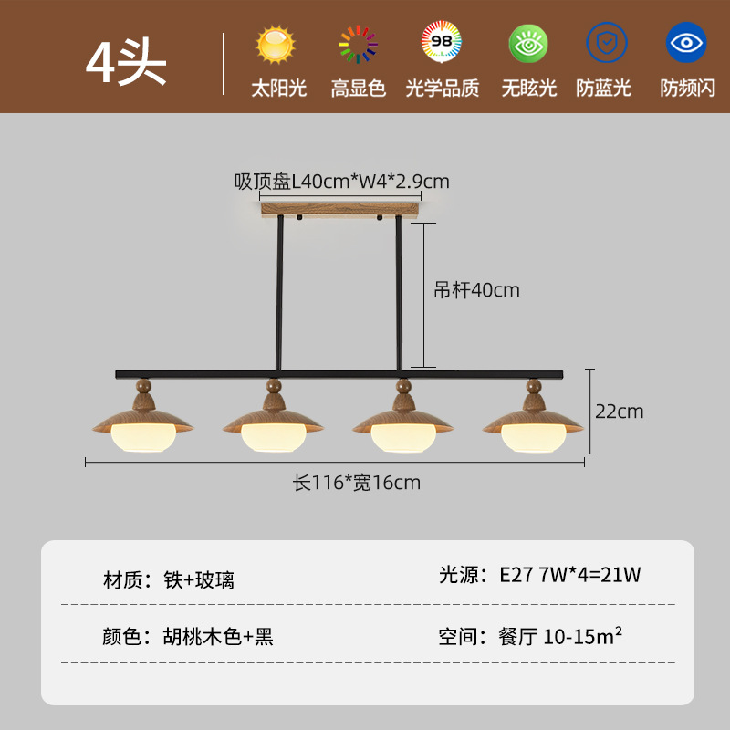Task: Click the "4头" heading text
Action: point(126,62)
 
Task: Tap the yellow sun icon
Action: point(276,44)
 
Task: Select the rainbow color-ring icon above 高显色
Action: point(358,44)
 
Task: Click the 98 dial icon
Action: point(441,42)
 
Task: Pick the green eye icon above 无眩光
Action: point(528,44)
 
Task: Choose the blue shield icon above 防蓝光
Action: point(607,42)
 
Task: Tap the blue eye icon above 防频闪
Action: point(686,42)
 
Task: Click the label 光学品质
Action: point(443,88)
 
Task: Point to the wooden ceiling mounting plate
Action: point(339,210)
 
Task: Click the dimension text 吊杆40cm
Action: point(476,290)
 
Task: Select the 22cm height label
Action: point(620,412)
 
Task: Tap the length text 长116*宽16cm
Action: point(356,483)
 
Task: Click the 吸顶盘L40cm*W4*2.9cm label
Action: point(341,182)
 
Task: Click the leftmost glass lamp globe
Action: point(143,438)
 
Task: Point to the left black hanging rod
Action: point(279,293)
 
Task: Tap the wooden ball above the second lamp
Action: point(274,385)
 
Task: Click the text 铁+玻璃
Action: point(199,580)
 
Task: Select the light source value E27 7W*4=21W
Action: point(569,575)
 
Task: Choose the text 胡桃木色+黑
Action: point(218,636)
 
